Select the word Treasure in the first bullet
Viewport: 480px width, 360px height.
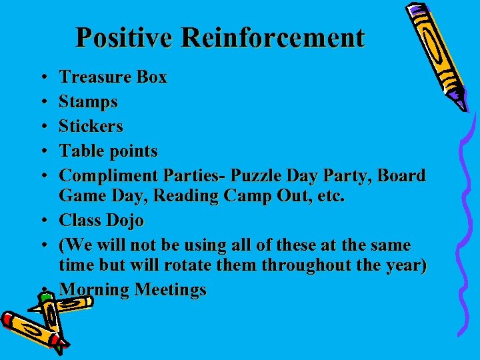[x=94, y=77]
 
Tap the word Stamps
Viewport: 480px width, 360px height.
[x=88, y=103]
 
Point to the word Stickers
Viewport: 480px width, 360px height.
[x=91, y=127]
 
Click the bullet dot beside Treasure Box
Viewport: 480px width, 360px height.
[x=41, y=78]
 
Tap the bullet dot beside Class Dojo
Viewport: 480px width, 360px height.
[x=41, y=221]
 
